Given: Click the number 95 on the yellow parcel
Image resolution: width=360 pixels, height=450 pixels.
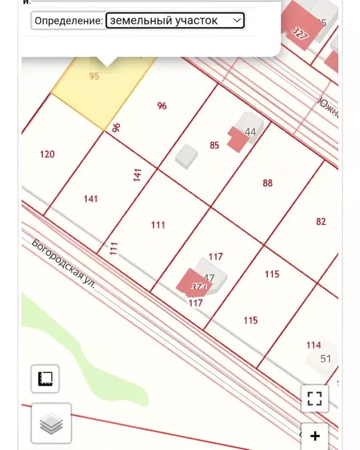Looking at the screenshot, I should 94,76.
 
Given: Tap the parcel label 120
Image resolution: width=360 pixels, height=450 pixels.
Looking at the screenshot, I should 47,154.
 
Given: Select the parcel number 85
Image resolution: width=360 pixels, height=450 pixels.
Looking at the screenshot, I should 215,145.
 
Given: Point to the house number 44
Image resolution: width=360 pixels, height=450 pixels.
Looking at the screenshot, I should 250,132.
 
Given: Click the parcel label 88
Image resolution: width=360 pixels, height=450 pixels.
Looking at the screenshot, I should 267,183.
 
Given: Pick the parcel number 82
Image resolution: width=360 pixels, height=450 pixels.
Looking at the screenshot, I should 321,221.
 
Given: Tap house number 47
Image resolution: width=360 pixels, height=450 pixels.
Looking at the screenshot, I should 209,278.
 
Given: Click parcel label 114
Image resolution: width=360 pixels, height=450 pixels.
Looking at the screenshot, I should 314,345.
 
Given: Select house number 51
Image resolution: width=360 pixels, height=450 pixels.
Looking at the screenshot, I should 326,359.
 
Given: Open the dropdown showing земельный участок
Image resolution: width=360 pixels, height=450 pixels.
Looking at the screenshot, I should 175,21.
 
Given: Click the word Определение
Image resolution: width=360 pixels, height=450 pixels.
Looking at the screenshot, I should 68,21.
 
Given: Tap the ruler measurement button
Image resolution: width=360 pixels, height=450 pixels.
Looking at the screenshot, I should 45,379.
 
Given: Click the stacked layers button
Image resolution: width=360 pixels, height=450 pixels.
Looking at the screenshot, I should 51,422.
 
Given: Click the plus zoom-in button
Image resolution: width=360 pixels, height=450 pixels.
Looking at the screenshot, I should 315,436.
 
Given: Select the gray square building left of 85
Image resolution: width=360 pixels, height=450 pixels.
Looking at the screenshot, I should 187,155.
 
